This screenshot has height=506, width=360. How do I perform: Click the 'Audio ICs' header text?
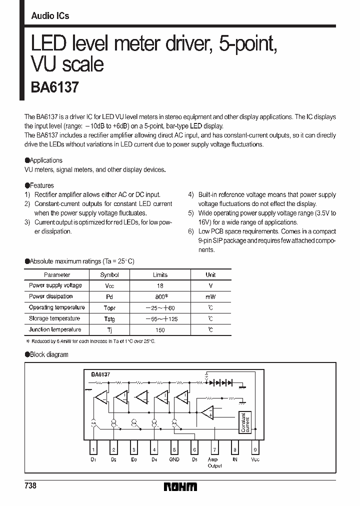pyautogui.click(x=50, y=16)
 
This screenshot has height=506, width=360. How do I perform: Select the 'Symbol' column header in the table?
pyautogui.click(x=109, y=274)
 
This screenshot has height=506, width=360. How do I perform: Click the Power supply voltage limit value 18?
pyautogui.click(x=160, y=285)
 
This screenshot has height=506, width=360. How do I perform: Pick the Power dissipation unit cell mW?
pyautogui.click(x=210, y=296)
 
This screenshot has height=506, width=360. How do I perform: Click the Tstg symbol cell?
pyautogui.click(x=109, y=318)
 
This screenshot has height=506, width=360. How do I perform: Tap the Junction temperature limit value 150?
pyautogui.click(x=160, y=329)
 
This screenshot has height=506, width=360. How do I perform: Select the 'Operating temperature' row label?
pyautogui.click(x=56, y=307)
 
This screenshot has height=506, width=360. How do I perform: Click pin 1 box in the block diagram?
pyautogui.click(x=93, y=449)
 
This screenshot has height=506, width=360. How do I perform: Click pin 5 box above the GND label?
pyautogui.click(x=174, y=449)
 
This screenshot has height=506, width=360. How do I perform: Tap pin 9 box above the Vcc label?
pyautogui.click(x=255, y=449)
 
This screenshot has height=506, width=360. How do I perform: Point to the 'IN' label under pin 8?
pyautogui.click(x=234, y=459)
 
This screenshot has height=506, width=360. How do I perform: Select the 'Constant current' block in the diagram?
pyautogui.click(x=243, y=423)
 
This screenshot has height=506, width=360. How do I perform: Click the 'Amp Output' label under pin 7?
pyautogui.click(x=214, y=462)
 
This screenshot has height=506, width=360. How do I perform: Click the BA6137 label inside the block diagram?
pyautogui.click(x=100, y=374)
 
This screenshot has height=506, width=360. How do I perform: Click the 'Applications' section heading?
pyautogui.click(x=45, y=160)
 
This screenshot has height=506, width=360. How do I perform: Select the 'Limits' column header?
pyautogui.click(x=160, y=274)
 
